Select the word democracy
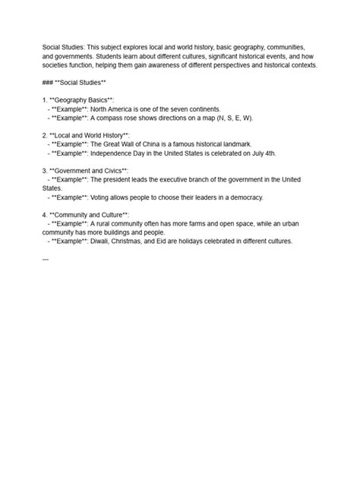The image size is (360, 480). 242,197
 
